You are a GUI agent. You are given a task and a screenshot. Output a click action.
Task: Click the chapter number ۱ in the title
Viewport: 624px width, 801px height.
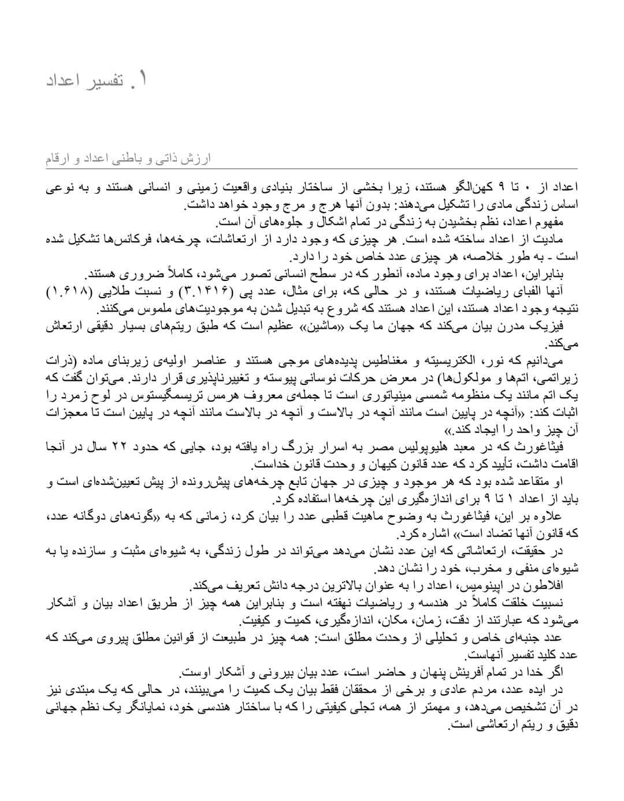coord(142,79)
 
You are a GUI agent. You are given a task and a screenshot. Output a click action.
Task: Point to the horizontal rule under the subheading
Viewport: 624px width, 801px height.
coord(312,169)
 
